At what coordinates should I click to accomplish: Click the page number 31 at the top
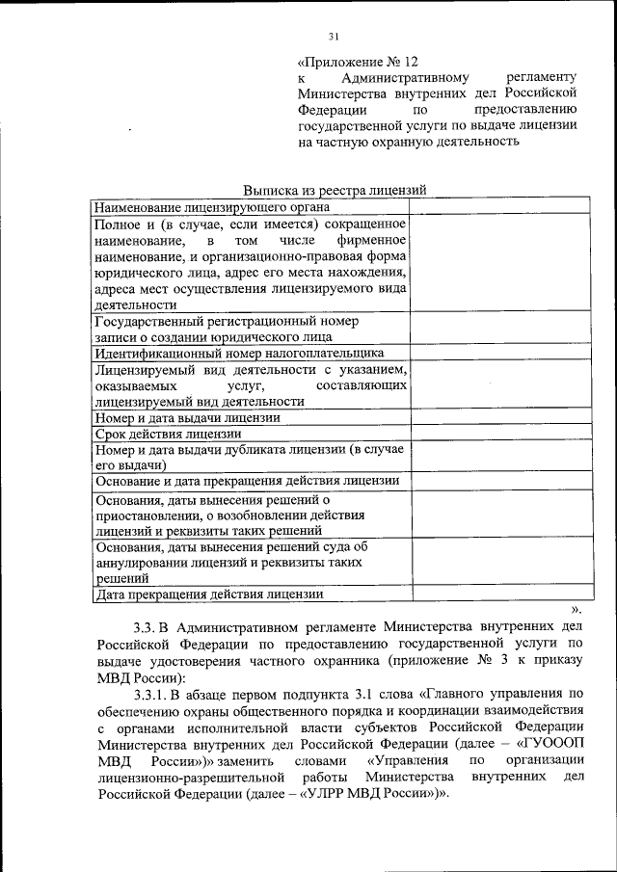tap(335, 38)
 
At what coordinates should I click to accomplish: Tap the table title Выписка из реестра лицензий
tap(335, 191)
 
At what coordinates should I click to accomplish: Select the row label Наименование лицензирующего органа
tap(211, 206)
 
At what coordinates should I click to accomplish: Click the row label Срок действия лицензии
tap(173, 434)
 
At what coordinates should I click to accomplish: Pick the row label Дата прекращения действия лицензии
tap(208, 594)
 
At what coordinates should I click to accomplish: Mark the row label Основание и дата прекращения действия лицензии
tap(246, 481)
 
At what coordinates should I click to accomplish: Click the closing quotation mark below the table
tap(577, 609)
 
